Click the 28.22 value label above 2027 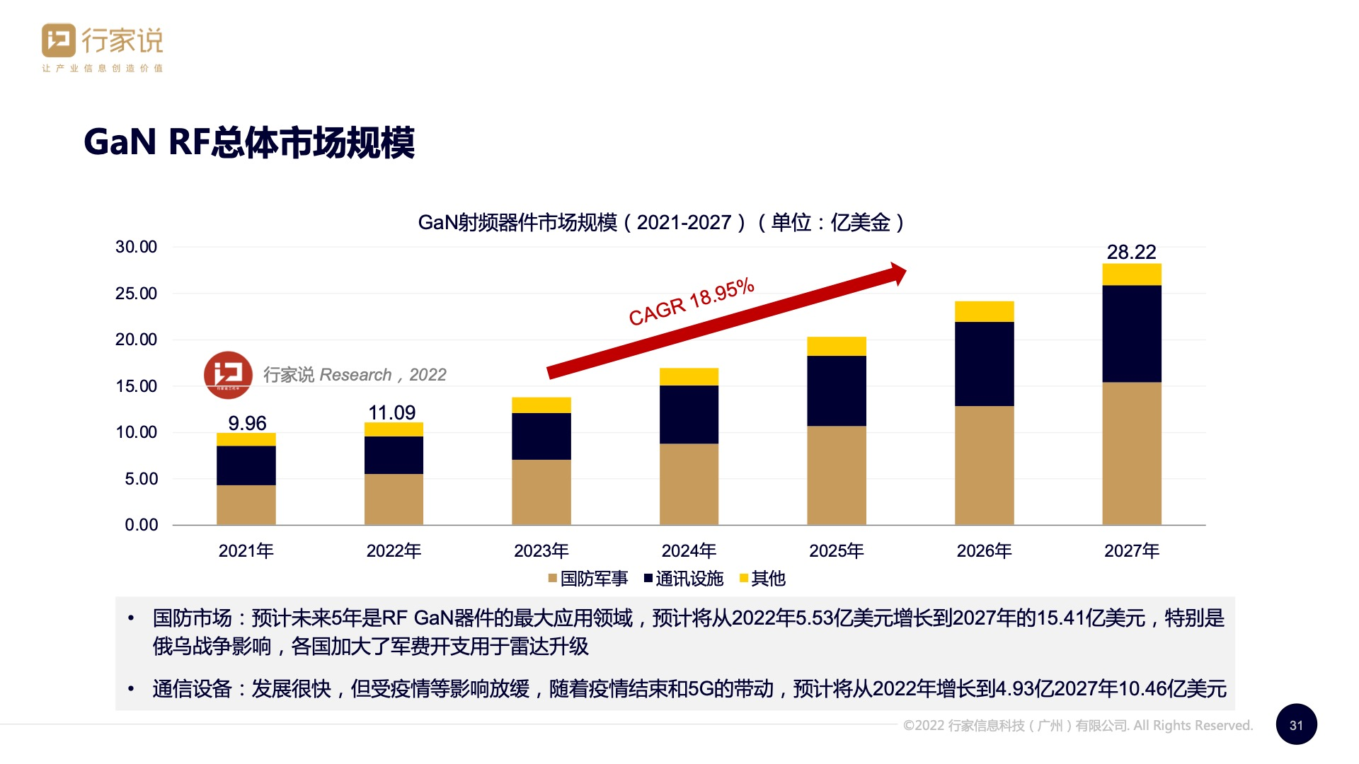pos(1131,252)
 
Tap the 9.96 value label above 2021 pos(247,423)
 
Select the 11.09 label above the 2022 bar pos(392,412)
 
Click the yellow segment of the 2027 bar pos(1131,274)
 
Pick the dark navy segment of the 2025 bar pos(836,390)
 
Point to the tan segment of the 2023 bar pos(541,492)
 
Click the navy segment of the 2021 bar pos(246,465)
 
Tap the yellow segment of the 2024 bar pos(689,376)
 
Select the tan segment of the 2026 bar pos(984,465)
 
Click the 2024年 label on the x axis pos(689,550)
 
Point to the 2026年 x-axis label pos(984,550)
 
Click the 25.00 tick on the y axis pos(137,294)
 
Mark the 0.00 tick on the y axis pos(142,525)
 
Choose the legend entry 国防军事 pos(588,579)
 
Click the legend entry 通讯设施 pos(684,579)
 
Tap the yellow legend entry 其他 pos(763,579)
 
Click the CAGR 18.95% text pos(692,302)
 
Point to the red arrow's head pos(898,273)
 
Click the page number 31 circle pos(1296,724)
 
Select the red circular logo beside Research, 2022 pos(228,375)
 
